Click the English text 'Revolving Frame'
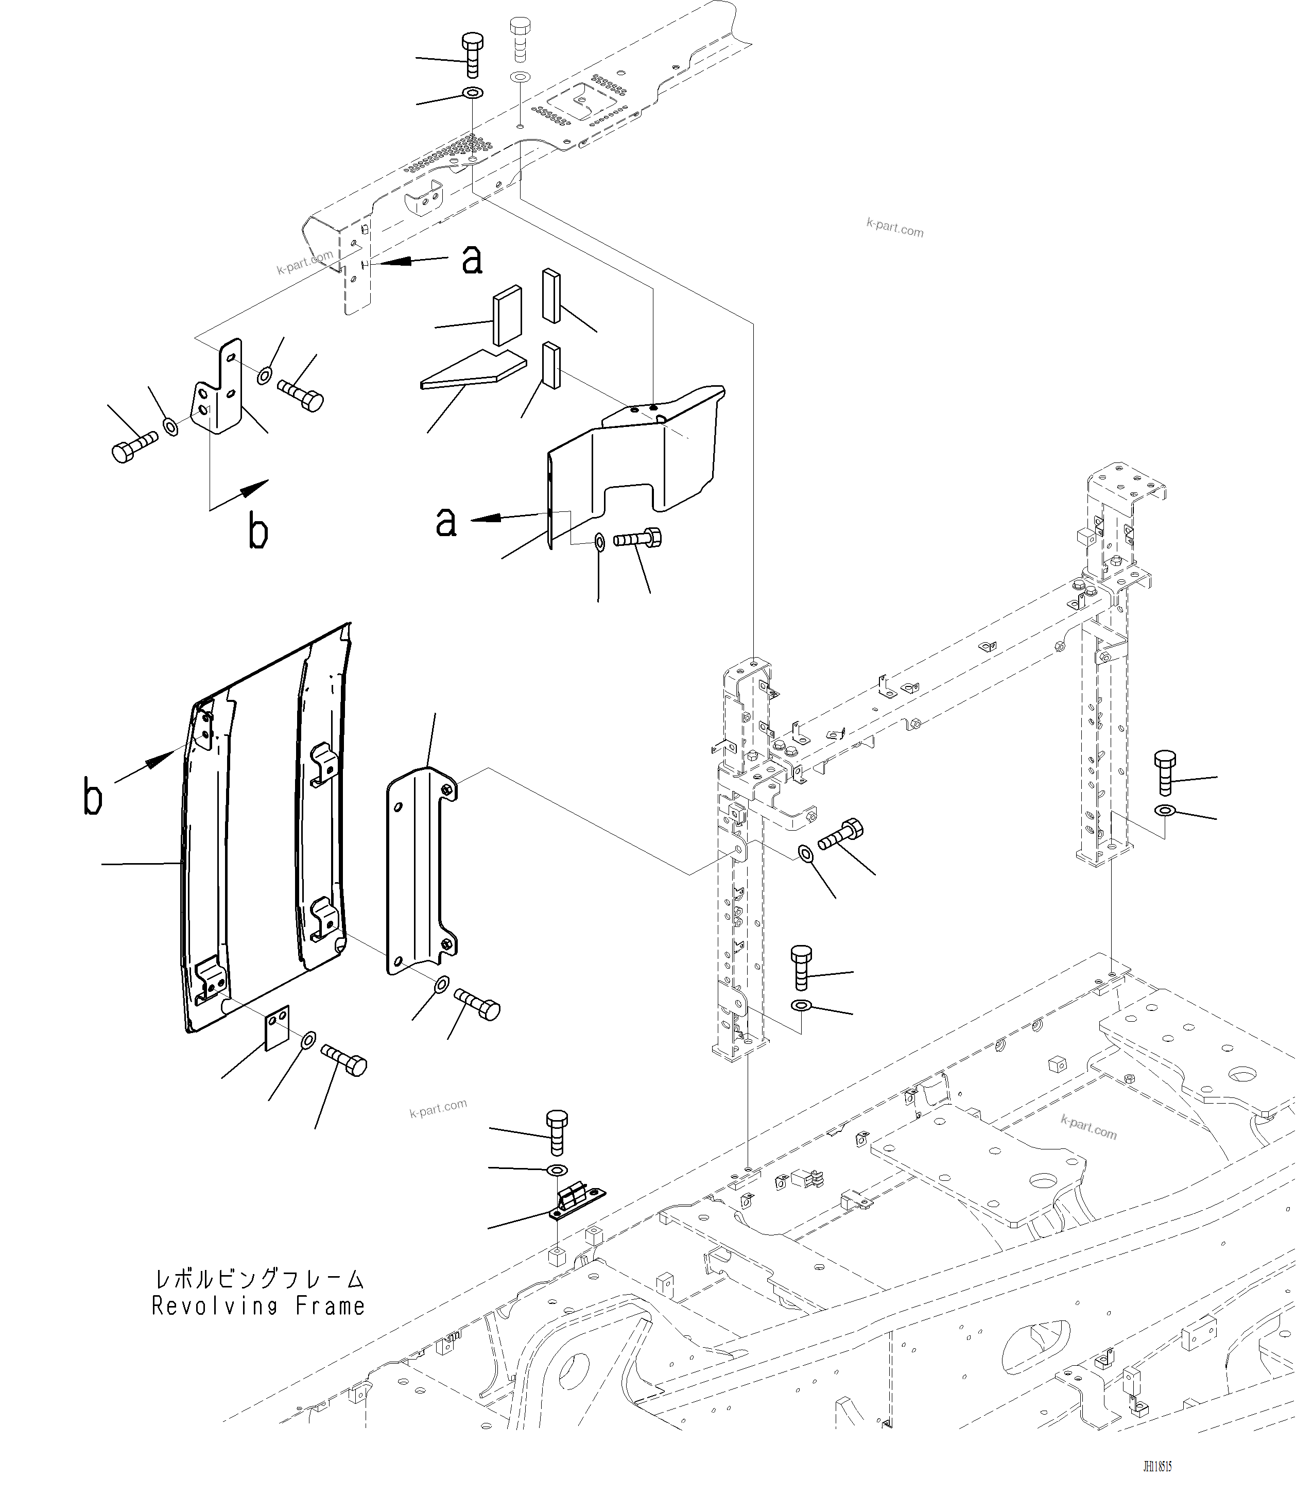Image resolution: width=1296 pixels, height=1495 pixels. coord(258,1306)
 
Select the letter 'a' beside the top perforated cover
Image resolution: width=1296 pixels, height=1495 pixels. coord(472,259)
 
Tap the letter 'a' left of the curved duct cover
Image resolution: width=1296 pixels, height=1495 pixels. coord(446,521)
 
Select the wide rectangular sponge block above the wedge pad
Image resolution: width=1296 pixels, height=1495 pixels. coord(508,315)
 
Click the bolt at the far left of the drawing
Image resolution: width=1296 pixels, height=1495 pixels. coord(134,445)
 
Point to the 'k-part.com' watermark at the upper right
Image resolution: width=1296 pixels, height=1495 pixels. coord(894,227)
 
